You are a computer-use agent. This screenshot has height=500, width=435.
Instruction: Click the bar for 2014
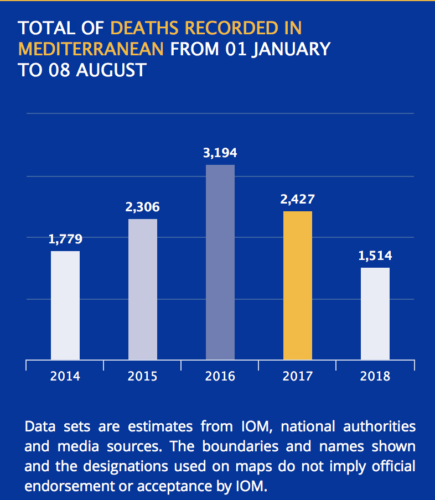click(x=65, y=305)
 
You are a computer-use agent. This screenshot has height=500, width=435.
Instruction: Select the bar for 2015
click(x=143, y=289)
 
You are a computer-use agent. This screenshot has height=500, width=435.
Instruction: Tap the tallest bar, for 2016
click(x=220, y=262)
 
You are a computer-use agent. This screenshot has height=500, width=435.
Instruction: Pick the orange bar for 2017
click(x=298, y=285)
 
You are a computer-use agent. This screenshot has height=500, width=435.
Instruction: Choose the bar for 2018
click(x=375, y=314)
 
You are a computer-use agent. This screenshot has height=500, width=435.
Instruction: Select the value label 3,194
click(x=220, y=153)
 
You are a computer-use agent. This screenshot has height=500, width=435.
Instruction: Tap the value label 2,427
click(x=297, y=199)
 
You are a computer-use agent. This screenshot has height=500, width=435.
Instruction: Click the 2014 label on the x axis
click(x=65, y=377)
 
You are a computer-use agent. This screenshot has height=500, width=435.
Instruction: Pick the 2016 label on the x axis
click(x=220, y=377)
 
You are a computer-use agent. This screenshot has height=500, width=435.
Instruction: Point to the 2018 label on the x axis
click(x=375, y=377)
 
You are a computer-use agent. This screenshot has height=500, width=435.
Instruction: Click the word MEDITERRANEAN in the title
click(x=91, y=49)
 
